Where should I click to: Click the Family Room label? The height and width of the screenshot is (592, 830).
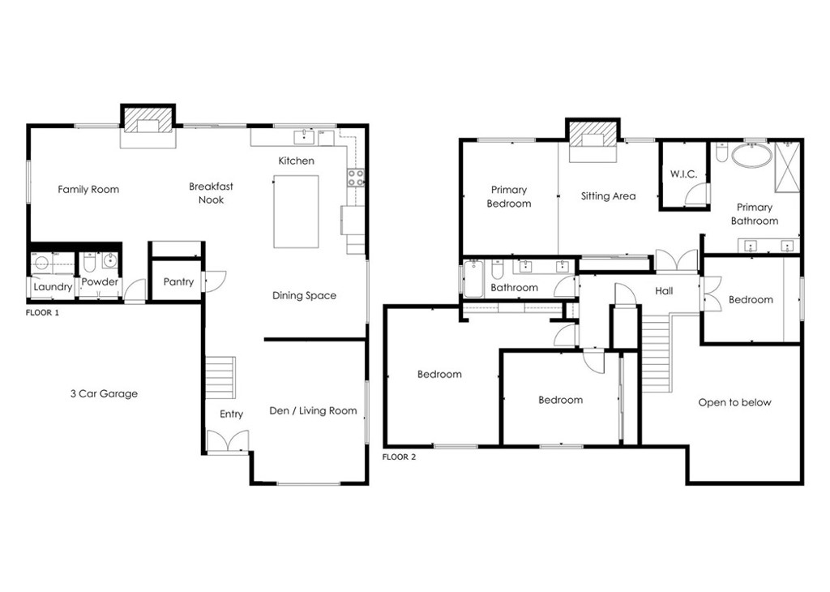click(x=88, y=190)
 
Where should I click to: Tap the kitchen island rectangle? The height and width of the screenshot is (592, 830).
click(x=296, y=212)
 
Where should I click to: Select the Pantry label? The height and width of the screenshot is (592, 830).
click(x=178, y=282)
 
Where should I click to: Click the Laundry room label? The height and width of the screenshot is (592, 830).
click(x=53, y=286)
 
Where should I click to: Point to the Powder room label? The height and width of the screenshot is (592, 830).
click(x=100, y=282)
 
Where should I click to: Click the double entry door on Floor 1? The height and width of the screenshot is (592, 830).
click(x=227, y=442)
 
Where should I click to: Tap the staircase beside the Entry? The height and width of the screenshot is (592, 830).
click(x=219, y=377)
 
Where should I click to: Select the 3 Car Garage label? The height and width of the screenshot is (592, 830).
click(x=104, y=394)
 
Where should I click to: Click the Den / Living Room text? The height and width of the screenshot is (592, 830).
click(x=313, y=411)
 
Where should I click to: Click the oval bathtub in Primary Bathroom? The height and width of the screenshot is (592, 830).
click(x=751, y=156)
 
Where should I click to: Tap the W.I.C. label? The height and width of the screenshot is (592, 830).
click(x=683, y=174)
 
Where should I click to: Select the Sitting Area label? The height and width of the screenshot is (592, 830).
click(x=608, y=196)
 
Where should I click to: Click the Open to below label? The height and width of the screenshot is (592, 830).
click(x=734, y=403)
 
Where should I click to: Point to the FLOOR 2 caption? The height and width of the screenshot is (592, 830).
click(x=399, y=457)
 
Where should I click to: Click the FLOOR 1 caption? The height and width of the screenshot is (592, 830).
click(x=42, y=311)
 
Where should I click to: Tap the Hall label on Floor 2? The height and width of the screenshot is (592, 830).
click(x=664, y=291)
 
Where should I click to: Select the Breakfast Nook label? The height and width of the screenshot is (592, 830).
click(x=211, y=193)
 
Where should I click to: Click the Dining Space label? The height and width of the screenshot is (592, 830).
click(x=304, y=296)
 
